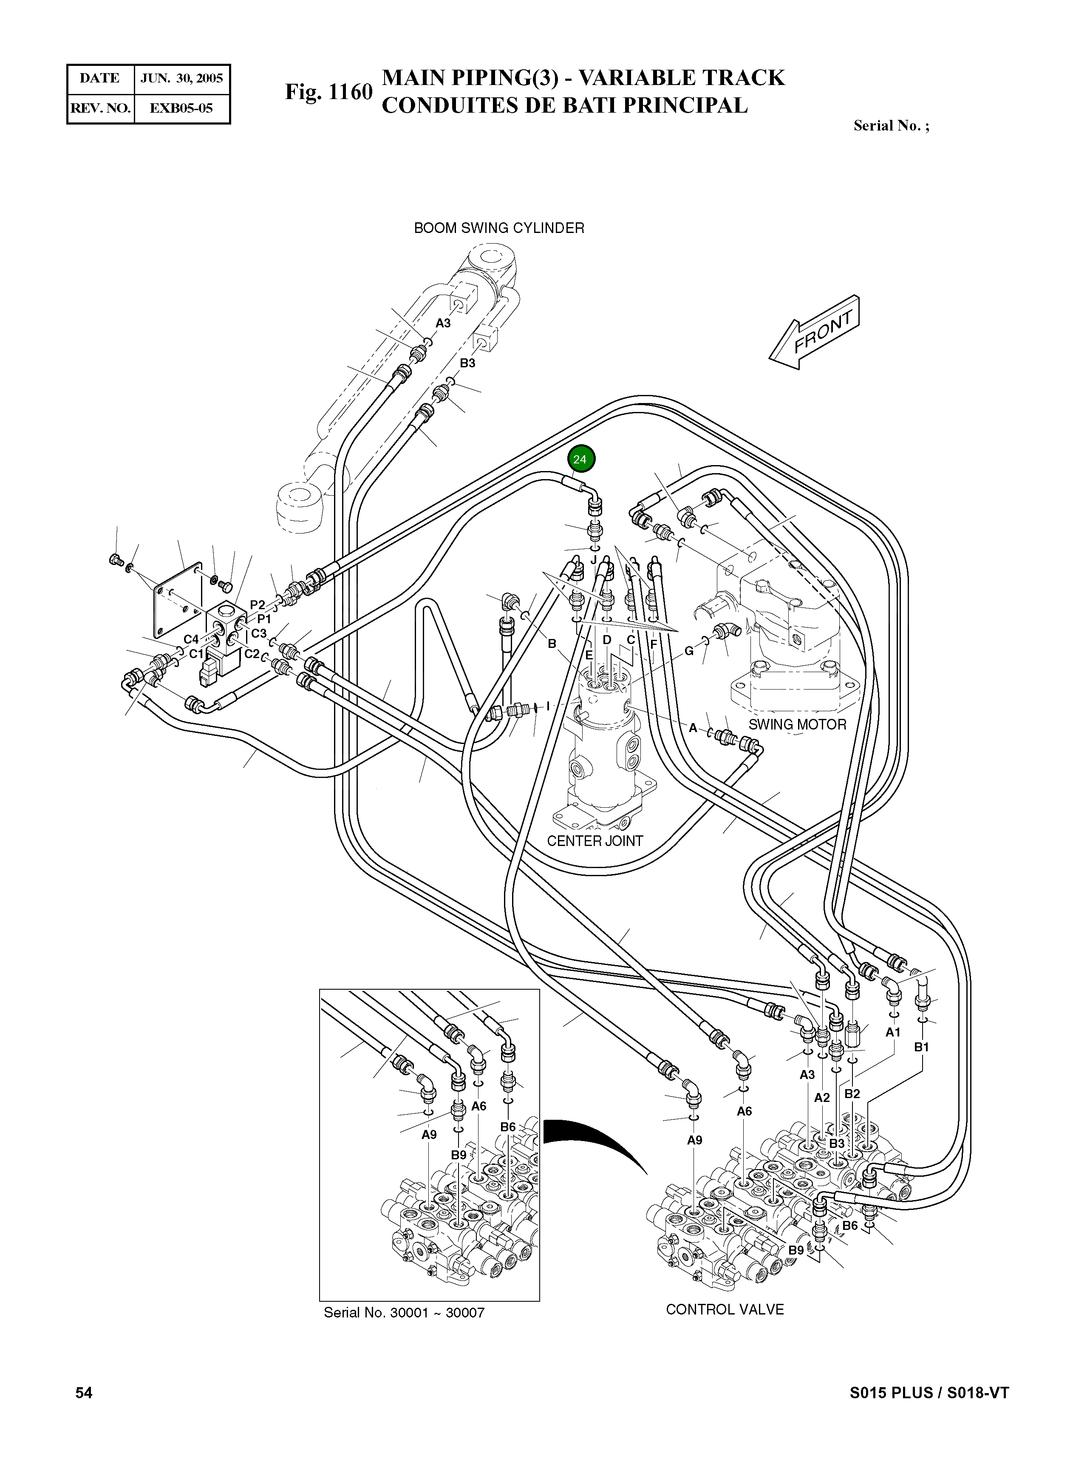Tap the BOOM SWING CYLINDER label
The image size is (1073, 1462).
499,228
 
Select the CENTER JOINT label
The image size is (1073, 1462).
595,841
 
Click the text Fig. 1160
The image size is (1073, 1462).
328,92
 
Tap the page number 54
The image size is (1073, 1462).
84,1392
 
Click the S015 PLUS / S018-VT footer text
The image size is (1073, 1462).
929,1392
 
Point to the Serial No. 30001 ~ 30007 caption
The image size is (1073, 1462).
404,1312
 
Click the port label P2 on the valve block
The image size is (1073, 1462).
258,605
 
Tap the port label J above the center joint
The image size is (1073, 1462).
593,559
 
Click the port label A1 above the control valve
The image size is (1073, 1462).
893,1032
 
